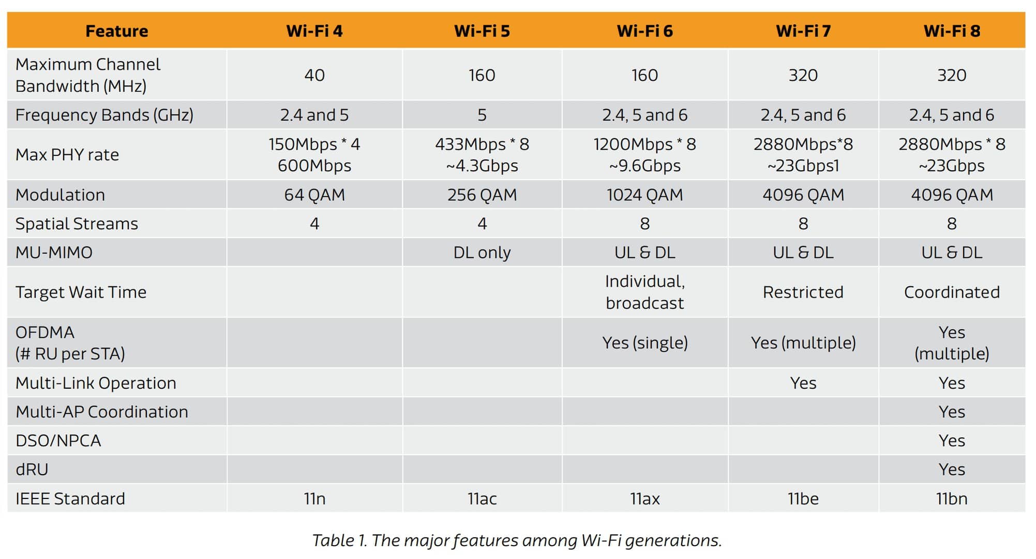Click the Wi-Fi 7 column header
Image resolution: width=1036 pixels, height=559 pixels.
803,31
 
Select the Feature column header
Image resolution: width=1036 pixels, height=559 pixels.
116,31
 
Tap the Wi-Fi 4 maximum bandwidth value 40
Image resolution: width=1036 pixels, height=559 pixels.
314,76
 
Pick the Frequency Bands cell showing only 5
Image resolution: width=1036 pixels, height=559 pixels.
482,115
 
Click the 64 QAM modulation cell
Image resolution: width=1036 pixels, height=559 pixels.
314,195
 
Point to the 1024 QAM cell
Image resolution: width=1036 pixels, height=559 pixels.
644,195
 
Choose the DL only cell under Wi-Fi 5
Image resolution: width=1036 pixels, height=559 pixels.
482,253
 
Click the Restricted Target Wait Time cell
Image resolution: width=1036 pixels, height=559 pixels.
803,292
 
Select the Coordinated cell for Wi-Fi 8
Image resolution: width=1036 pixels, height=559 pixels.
952,292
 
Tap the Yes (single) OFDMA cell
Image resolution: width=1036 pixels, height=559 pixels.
644,343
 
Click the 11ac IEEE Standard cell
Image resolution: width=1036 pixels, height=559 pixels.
482,499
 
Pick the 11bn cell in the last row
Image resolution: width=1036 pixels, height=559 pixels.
952,499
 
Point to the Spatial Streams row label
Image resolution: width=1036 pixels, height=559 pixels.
77,224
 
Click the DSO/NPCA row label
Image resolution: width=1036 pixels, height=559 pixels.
58,441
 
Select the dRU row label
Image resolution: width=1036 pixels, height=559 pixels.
32,470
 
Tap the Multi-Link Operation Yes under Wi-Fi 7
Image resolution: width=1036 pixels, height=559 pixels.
803,384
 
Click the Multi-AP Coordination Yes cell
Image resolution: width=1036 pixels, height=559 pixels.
952,412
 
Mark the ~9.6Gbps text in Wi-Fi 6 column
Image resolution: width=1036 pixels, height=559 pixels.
644,166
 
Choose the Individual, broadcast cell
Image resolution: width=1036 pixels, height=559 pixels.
644,292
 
